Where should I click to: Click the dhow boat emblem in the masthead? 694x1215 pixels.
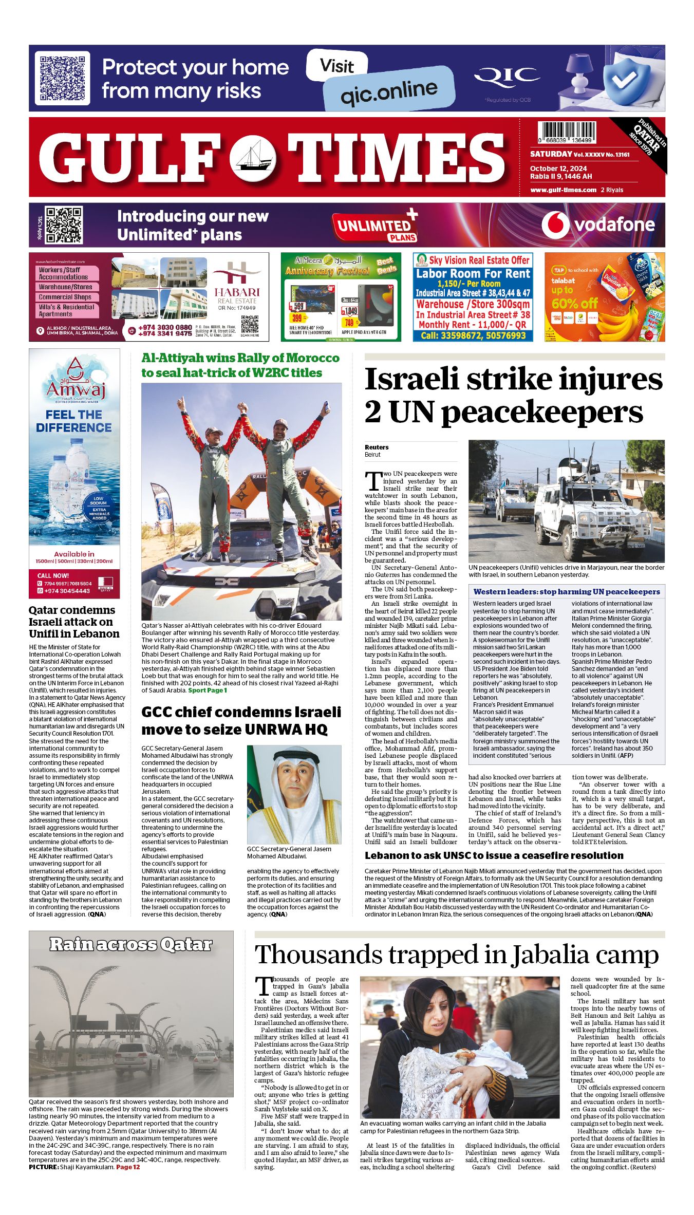(x=253, y=157)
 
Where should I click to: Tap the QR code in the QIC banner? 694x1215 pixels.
(x=62, y=78)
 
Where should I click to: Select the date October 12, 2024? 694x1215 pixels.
(x=558, y=169)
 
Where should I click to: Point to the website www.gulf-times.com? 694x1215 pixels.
(x=563, y=190)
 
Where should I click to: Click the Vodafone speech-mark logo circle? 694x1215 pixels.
(x=555, y=225)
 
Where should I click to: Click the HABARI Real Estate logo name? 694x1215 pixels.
(x=237, y=292)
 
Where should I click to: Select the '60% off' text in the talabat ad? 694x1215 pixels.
(x=574, y=303)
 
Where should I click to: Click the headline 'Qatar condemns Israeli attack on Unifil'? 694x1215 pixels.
(x=74, y=622)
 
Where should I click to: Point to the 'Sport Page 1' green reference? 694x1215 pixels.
(x=207, y=690)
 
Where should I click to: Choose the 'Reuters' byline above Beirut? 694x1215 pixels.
(x=377, y=447)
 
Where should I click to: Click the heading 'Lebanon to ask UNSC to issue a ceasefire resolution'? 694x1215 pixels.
(x=494, y=855)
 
